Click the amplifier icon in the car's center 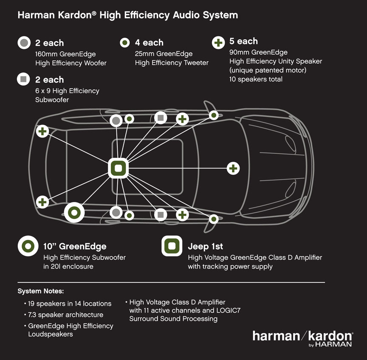click(x=118, y=168)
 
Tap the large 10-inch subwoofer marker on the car click(x=74, y=212)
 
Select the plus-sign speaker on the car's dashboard click(x=233, y=168)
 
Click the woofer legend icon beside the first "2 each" click(x=24, y=43)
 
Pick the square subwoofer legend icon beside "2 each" click(x=24, y=79)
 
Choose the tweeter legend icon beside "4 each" click(x=124, y=42)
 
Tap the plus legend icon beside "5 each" click(x=218, y=42)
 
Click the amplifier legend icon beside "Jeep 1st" click(x=172, y=246)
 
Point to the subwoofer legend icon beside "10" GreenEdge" click(x=28, y=246)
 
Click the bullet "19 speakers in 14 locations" click(x=70, y=304)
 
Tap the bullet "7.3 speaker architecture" click(x=65, y=315)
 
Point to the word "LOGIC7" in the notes click(x=228, y=310)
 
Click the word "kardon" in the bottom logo click(x=330, y=336)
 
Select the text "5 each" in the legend click(x=243, y=41)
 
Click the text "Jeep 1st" click(x=205, y=246)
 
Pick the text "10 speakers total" click(x=256, y=79)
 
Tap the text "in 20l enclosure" click(x=68, y=266)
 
